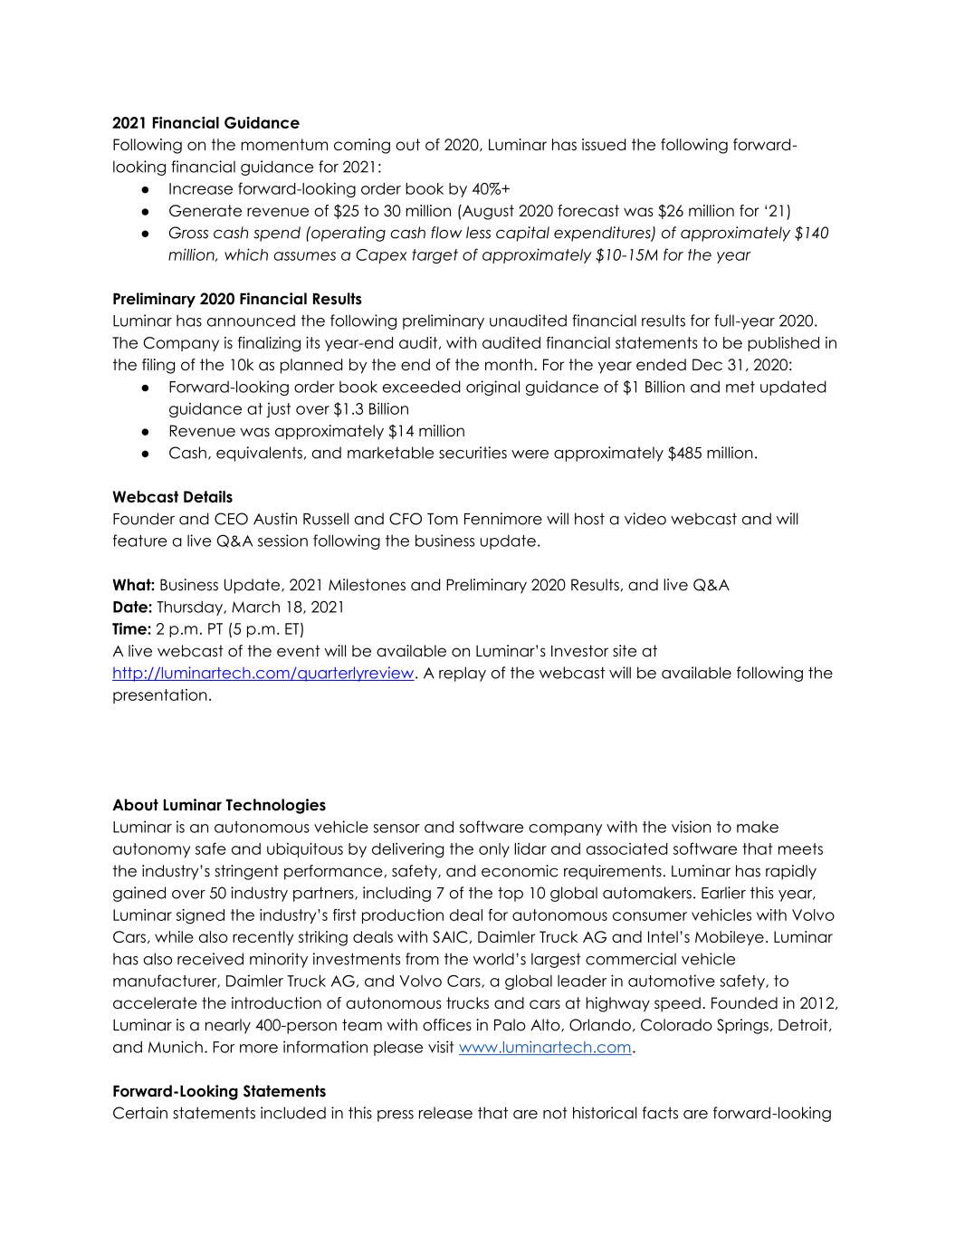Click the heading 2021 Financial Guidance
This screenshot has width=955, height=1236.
click(x=205, y=123)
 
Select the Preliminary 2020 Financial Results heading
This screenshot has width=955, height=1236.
click(x=236, y=299)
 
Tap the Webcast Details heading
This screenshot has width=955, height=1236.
click(x=172, y=497)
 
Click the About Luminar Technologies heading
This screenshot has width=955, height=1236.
click(x=218, y=805)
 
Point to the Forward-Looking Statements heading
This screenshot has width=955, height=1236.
click(x=218, y=1091)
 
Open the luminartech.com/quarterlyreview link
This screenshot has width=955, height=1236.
click(x=263, y=674)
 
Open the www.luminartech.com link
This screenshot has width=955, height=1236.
click(x=545, y=1048)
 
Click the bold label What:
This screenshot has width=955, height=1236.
click(x=133, y=585)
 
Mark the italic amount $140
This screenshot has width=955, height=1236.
click(x=811, y=234)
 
